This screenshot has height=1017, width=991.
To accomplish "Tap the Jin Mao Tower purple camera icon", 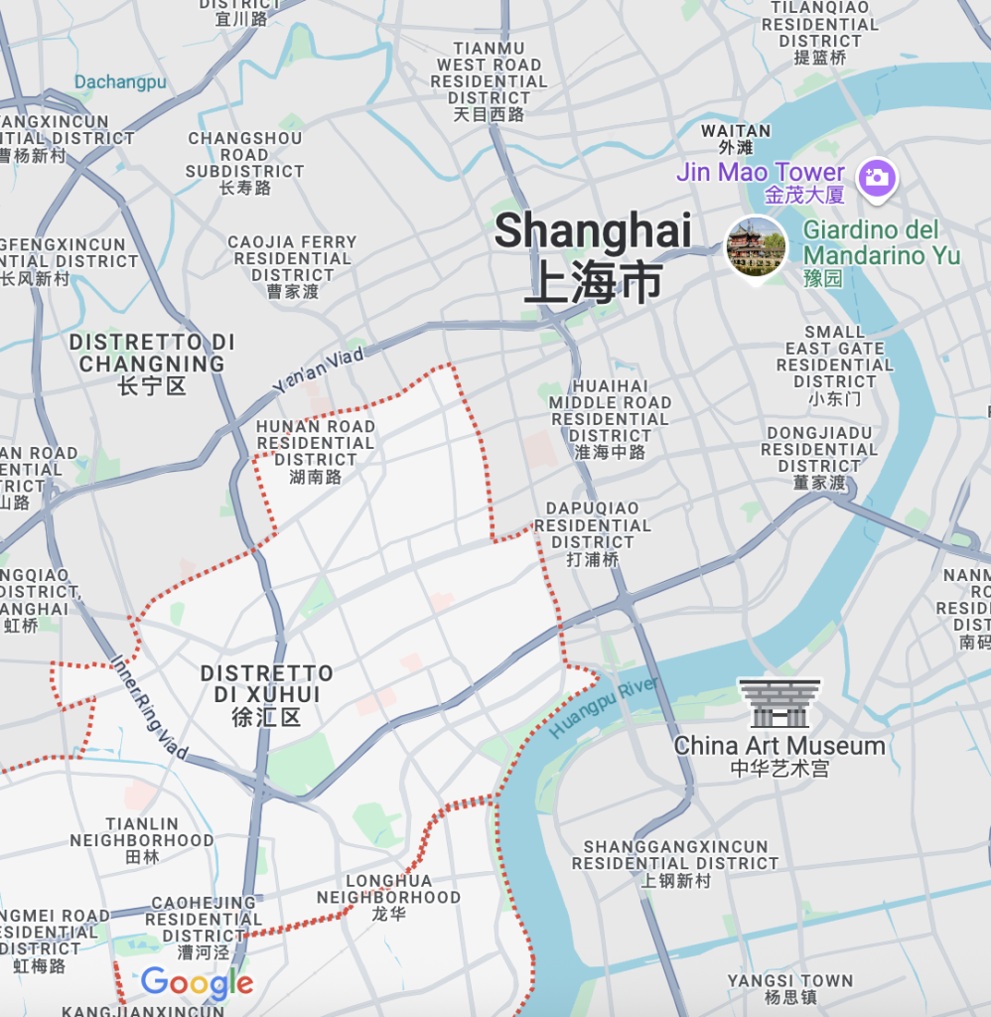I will [878, 178].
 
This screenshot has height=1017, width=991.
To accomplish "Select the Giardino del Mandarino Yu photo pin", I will [757, 248].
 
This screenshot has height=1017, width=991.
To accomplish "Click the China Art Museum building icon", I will [779, 703].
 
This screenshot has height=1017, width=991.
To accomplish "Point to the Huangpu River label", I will [604, 708].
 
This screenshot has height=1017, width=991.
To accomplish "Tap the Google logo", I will [197, 983].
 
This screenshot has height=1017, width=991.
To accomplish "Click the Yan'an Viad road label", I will [319, 367].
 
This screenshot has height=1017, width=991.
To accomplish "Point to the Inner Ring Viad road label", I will [149, 706].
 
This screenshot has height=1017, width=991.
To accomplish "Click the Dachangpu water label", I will [120, 82].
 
